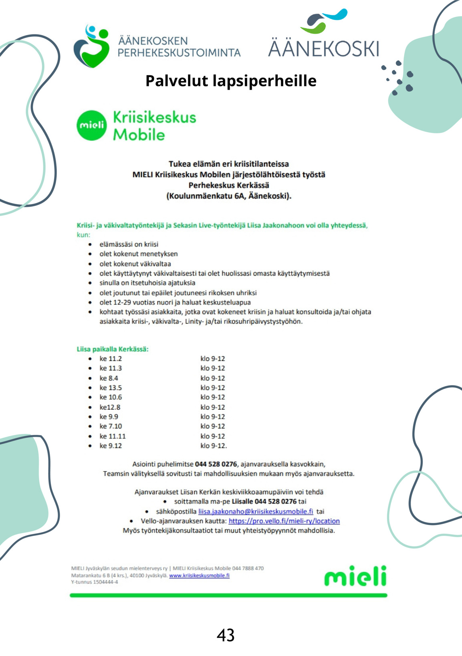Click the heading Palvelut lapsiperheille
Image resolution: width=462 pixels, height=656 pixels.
(231, 80)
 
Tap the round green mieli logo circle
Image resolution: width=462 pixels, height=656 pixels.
(92, 125)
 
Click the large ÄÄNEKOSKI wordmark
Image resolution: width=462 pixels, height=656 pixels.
(323, 48)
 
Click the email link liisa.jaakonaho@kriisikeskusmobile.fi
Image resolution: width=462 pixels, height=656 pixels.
(256, 511)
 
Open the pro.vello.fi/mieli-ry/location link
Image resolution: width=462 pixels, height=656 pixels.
(284, 521)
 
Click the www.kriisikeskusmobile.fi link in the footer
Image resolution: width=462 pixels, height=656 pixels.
(199, 576)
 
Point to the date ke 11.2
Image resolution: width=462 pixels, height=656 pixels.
(111, 358)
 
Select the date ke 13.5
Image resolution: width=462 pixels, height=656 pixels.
(111, 388)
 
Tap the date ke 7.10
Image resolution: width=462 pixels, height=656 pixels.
(111, 426)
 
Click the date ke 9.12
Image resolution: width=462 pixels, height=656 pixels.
(111, 446)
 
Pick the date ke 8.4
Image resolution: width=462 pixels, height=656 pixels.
(109, 378)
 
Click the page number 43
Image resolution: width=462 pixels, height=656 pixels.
(226, 635)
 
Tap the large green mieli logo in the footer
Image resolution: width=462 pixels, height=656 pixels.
(355, 576)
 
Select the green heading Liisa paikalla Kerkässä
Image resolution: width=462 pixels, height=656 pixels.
(113, 349)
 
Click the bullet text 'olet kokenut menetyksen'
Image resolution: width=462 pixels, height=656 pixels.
(139, 254)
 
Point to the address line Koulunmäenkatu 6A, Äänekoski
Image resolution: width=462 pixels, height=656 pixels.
(229, 196)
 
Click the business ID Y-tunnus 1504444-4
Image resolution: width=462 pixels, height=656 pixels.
(95, 582)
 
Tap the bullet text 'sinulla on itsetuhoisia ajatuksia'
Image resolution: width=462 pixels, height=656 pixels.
(147, 283)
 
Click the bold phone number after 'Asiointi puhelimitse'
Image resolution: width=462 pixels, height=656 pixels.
(216, 464)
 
